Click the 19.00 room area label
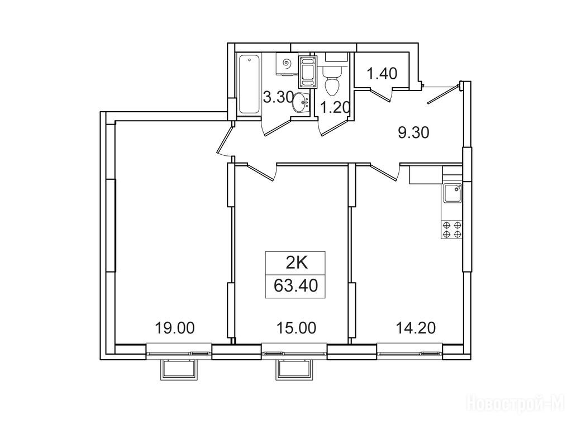175,328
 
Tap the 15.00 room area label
296,328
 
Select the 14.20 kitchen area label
416,328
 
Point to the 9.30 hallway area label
413,133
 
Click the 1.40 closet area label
382,74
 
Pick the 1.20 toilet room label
335,108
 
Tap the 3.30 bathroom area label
278,97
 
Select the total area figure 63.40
296,285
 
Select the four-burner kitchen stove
452,229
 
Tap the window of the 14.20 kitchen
409,353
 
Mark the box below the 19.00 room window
179,370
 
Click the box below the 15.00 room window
294,370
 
